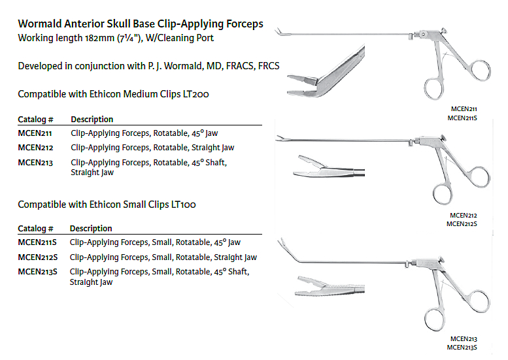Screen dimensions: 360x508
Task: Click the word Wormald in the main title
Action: pyautogui.click(x=44, y=24)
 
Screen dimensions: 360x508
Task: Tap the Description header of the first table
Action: pyautogui.click(x=92, y=120)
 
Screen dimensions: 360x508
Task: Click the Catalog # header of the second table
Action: pyautogui.click(x=35, y=229)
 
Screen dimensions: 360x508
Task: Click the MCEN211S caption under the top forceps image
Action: pyautogui.click(x=462, y=118)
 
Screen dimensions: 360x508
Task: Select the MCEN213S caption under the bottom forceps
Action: pyautogui.click(x=462, y=348)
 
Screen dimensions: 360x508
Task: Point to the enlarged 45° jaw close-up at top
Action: pyautogui.click(x=327, y=72)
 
